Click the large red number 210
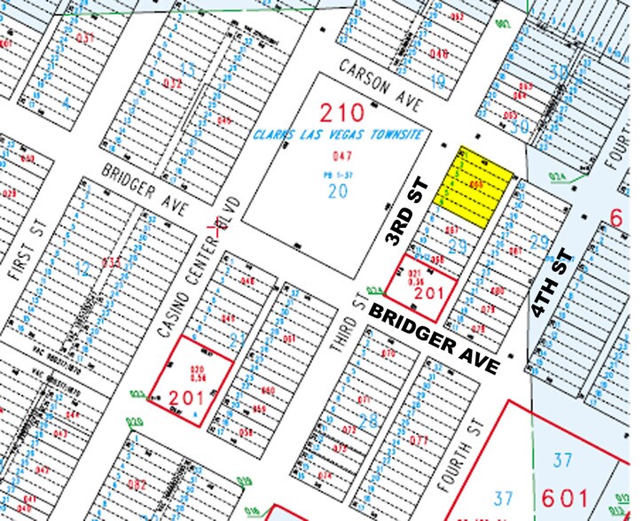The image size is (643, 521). pyautogui.click(x=342, y=113)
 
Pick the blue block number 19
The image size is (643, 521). pyautogui.click(x=438, y=82)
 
